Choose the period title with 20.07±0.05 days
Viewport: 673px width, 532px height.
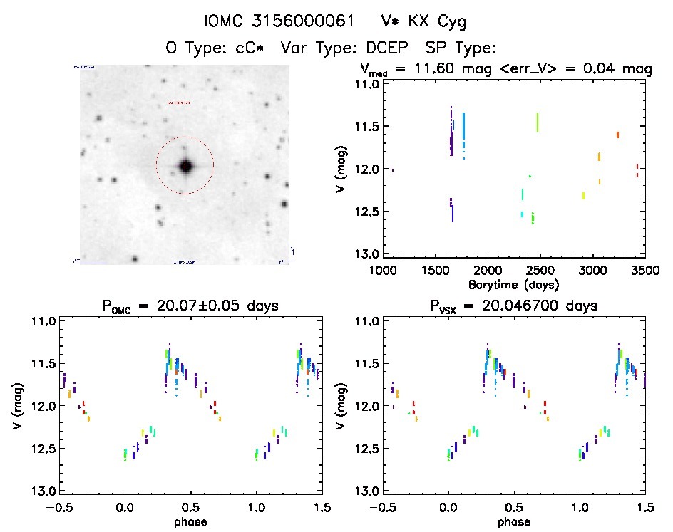190,306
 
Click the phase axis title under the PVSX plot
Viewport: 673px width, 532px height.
514,521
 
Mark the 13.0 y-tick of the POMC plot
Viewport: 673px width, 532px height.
44,491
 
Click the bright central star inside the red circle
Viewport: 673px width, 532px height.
185,166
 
